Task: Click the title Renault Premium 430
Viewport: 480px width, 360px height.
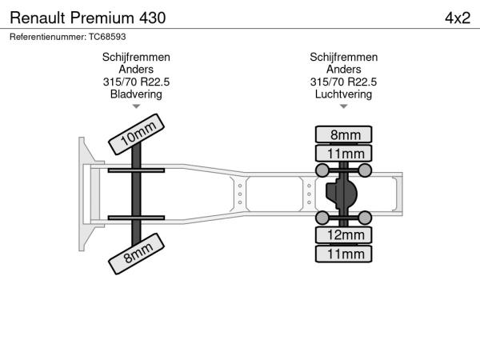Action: (88, 18)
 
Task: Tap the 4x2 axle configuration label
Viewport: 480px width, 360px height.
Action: (458, 18)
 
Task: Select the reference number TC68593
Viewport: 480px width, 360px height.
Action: (107, 37)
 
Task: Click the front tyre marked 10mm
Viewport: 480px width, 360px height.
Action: (136, 134)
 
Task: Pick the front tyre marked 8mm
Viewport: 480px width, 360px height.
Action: (136, 254)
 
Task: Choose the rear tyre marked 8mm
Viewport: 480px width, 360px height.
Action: (343, 134)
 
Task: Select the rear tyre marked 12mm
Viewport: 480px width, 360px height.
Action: (343, 235)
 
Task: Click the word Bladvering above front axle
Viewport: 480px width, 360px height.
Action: (136, 94)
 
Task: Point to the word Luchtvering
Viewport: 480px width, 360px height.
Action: (343, 94)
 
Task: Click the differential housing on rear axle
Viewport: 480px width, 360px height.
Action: (341, 194)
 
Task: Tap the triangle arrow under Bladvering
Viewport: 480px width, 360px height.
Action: (136, 106)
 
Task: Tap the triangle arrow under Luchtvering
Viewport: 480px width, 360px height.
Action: (343, 106)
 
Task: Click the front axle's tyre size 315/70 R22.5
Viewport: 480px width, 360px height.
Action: (136, 82)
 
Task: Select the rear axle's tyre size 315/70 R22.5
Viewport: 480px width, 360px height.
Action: (343, 82)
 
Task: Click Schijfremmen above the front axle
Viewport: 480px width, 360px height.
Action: (136, 58)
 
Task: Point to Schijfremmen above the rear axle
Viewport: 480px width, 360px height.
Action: (343, 58)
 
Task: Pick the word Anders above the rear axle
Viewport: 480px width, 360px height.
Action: (343, 70)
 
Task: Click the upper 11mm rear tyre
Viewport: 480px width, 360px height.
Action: (343, 154)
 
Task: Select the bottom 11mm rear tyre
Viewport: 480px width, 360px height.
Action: (343, 254)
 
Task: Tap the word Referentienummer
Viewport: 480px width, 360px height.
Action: (48, 37)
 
